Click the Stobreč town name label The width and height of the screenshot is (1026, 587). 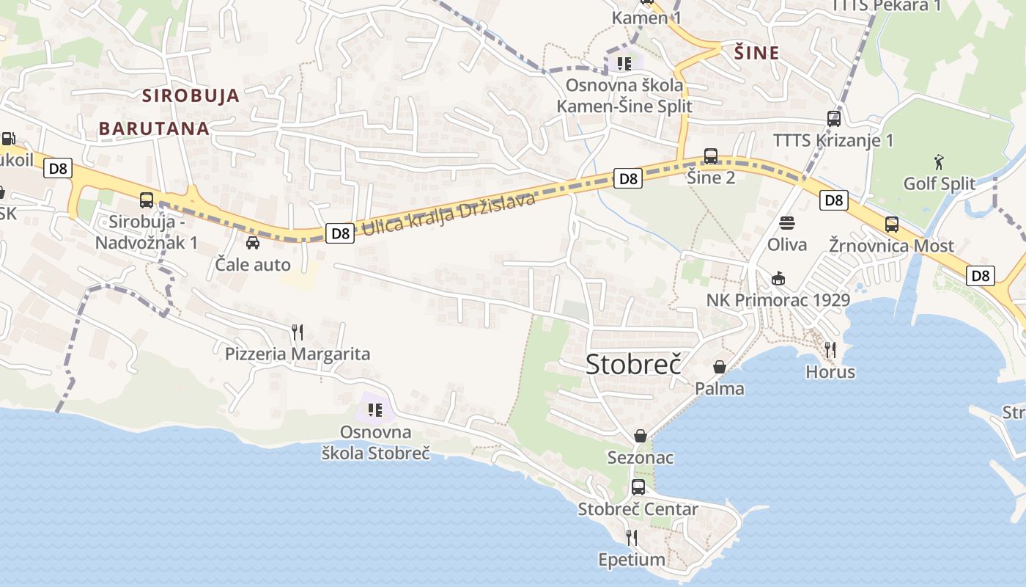tap(633, 365)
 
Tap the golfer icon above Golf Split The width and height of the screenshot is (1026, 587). tap(939, 161)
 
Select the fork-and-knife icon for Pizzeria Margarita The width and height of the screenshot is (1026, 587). tap(297, 332)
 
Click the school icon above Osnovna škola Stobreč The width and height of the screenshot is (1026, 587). tap(375, 410)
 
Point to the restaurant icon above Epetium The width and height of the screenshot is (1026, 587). tap(632, 538)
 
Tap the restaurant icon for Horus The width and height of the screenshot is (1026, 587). tap(830, 350)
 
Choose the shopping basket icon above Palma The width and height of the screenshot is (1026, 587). tap(720, 367)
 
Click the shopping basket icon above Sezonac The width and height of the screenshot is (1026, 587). tap(641, 436)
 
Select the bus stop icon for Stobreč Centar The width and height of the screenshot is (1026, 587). tap(638, 487)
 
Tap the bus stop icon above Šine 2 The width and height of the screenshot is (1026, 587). tap(710, 156)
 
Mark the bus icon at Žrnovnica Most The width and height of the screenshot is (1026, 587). tap(891, 225)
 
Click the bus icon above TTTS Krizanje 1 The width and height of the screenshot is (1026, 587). tap(833, 118)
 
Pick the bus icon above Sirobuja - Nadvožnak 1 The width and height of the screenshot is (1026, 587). tap(147, 200)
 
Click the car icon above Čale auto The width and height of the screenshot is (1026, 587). tap(253, 243)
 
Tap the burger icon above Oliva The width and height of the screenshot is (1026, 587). tap(787, 222)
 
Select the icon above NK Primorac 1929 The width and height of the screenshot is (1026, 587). tap(778, 278)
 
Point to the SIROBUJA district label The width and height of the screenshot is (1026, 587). tap(191, 95)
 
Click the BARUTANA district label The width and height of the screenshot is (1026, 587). tap(154, 128)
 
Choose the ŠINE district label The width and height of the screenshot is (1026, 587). tap(756, 53)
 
